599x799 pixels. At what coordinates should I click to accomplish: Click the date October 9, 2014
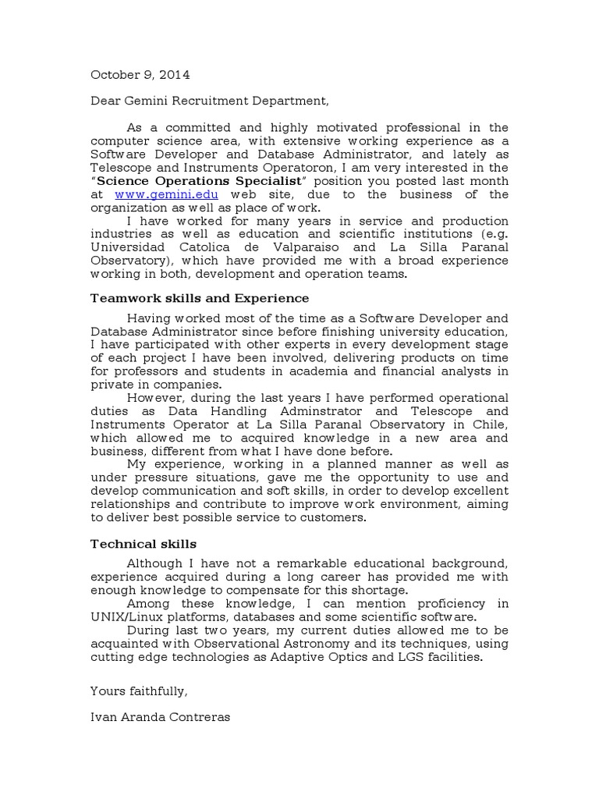[140, 75]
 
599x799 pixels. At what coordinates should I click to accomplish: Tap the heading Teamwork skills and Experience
[200, 298]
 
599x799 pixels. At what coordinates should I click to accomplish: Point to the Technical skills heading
[144, 543]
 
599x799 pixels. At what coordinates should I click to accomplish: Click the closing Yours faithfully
[139, 690]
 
